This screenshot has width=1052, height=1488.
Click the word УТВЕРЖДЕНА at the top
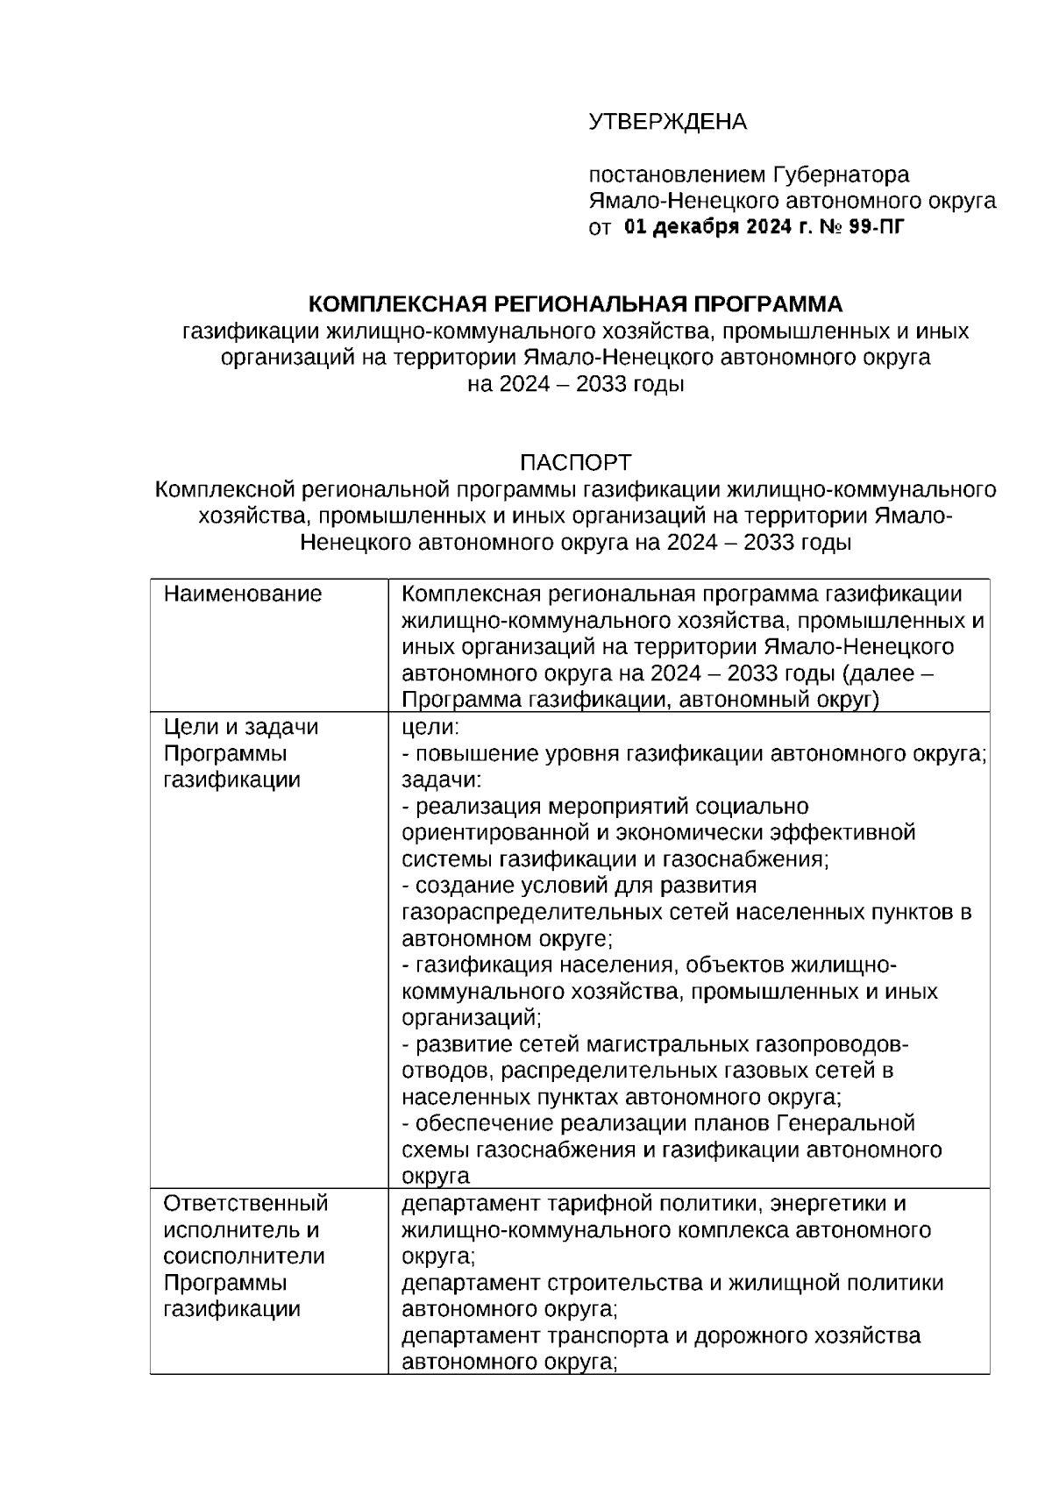[667, 122]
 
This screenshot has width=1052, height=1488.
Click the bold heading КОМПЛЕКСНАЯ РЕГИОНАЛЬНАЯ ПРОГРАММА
[575, 304]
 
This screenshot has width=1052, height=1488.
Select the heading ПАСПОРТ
[575, 462]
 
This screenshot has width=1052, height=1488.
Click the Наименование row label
[243, 594]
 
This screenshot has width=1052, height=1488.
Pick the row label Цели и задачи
[241, 727]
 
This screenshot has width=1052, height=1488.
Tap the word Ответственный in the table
[245, 1203]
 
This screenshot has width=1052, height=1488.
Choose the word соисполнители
[244, 1256]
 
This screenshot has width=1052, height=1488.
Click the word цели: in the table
[430, 727]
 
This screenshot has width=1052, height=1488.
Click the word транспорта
[603, 1335]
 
